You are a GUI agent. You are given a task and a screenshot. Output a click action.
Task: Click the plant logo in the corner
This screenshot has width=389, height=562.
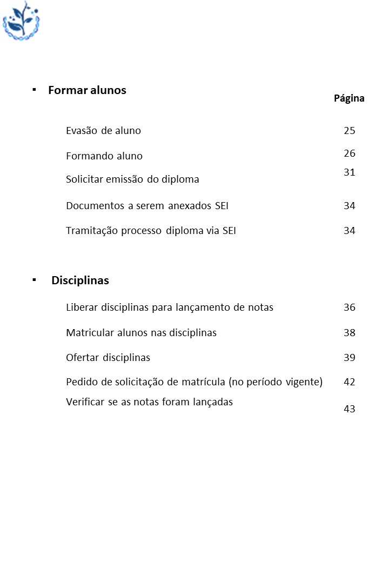click(x=22, y=21)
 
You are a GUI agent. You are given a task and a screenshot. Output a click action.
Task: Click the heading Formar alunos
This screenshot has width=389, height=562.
click(x=87, y=90)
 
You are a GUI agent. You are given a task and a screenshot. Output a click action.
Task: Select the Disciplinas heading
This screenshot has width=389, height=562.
click(x=80, y=280)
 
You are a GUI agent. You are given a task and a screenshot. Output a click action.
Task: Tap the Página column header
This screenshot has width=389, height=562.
click(x=349, y=98)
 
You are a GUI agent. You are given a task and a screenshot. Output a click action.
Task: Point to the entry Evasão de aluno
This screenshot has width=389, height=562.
click(x=103, y=131)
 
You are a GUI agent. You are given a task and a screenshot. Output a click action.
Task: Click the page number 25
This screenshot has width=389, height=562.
click(x=350, y=131)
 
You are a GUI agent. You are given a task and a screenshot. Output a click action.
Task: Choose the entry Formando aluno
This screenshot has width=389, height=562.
click(x=104, y=156)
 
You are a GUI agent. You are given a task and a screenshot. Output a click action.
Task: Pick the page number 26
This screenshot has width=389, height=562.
click(x=350, y=153)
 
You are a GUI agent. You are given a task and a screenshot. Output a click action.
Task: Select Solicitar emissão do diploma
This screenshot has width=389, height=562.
click(x=132, y=179)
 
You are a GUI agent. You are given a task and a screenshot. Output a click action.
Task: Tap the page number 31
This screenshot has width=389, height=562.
click(x=350, y=172)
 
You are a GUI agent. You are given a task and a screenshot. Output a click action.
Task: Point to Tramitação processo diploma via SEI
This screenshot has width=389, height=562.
click(x=151, y=231)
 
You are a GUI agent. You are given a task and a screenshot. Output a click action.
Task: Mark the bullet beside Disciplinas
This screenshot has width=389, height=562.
click(x=34, y=279)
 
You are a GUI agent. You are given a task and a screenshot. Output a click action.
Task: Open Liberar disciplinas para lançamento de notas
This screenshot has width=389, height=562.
click(x=170, y=307)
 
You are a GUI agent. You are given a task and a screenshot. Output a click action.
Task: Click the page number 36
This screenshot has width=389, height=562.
click(x=350, y=307)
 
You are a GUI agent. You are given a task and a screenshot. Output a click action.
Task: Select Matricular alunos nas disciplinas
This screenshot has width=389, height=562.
click(x=141, y=333)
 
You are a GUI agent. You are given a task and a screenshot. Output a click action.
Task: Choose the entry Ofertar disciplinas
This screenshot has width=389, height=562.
click(x=108, y=358)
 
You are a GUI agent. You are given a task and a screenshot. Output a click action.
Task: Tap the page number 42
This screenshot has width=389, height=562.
click(x=350, y=382)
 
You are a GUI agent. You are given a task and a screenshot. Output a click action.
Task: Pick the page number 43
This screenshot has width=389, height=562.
click(x=350, y=409)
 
